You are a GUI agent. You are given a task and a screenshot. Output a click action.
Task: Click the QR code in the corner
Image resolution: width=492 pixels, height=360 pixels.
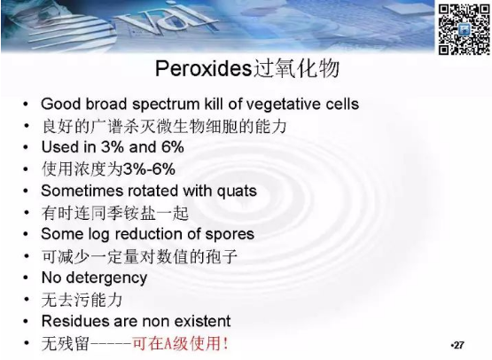tap(464, 29)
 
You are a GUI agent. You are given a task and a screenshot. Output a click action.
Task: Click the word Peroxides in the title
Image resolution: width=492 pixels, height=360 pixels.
tap(204, 68)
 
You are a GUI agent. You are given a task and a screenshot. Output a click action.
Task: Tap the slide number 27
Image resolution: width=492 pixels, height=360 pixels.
tap(458, 345)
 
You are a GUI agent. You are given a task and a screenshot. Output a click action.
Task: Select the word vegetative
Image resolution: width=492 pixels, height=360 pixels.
tap(282, 105)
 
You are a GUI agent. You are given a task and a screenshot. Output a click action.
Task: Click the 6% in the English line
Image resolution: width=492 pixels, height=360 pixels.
tap(172, 147)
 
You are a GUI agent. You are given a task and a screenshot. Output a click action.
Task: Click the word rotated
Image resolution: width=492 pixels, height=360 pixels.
tap(147, 191)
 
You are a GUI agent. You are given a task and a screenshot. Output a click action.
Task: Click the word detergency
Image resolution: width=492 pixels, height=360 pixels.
tap(106, 278)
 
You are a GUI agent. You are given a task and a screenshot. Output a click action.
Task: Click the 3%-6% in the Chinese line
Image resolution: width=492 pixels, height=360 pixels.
tap(149, 169)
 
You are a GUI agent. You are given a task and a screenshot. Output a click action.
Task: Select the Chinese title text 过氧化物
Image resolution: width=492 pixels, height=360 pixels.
tap(296, 68)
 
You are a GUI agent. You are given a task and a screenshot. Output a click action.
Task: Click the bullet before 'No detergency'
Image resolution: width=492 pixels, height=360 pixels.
tap(26, 278)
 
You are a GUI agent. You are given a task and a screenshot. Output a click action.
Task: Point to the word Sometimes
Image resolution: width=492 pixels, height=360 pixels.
tap(75, 191)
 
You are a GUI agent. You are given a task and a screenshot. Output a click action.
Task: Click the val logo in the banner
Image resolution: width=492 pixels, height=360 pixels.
tap(167, 20)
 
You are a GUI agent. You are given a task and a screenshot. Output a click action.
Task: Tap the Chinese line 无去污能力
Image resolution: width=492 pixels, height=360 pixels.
tap(82, 300)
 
